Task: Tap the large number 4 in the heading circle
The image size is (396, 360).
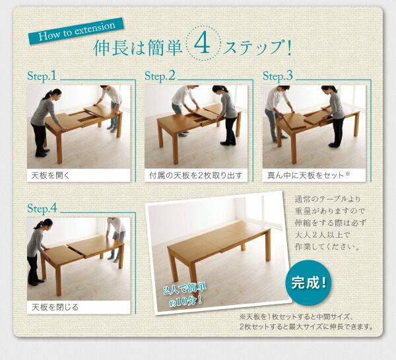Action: coord(202,48)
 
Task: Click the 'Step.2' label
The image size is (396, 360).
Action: coord(160,76)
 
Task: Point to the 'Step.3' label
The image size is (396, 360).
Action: coord(277,76)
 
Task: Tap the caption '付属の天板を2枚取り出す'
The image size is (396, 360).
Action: coord(195,176)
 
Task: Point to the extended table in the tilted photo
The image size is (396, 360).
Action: coord(218,248)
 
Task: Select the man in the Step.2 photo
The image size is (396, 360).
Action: coord(182,109)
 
